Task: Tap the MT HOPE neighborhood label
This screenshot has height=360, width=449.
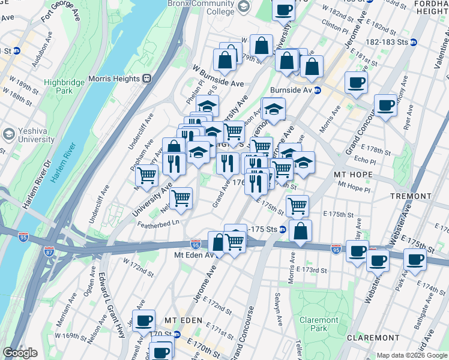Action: coord(354,175)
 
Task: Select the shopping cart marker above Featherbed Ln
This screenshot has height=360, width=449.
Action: coord(181,197)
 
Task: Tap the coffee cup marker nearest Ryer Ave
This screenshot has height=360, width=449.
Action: coord(385,104)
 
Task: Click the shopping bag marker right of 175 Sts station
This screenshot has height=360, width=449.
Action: coord(300,230)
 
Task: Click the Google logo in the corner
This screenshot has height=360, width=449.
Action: coord(20,353)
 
